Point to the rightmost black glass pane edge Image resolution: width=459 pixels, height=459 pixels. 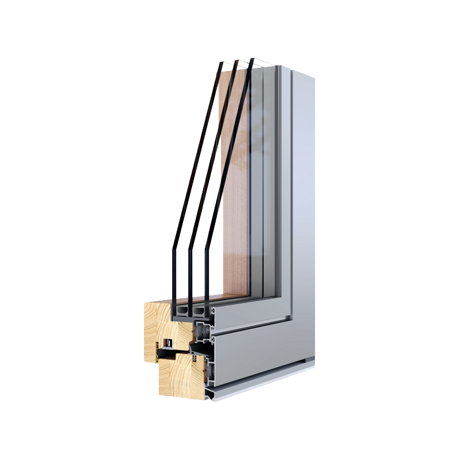tap(229, 172)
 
